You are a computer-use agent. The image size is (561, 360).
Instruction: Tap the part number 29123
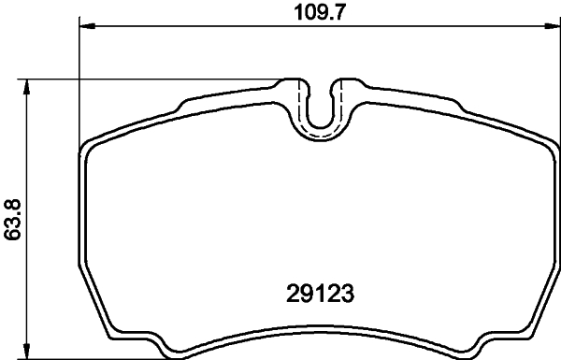320,292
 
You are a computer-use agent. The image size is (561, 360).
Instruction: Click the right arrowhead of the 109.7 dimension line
551,27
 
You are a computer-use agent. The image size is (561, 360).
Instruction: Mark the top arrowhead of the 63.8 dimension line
28,85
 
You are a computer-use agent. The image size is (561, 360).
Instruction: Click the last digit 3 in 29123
352,292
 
